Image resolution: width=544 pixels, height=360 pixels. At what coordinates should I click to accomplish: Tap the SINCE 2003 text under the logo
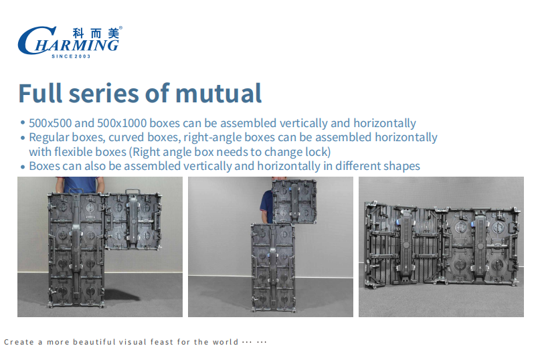[x=71, y=56]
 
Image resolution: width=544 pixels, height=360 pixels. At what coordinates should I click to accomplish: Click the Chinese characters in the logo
[x=96, y=33]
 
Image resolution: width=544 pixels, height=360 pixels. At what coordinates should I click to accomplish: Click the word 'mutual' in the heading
[x=219, y=93]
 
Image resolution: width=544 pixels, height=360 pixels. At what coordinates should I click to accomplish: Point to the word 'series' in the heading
[x=104, y=94]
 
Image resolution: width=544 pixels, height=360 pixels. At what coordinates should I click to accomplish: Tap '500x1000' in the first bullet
[x=121, y=123]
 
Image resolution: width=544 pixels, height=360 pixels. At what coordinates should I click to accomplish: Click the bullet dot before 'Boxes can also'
[x=23, y=167]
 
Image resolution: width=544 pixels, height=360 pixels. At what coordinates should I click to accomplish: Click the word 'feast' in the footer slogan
[x=161, y=342]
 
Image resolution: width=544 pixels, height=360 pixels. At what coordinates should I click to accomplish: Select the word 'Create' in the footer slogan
[x=19, y=342]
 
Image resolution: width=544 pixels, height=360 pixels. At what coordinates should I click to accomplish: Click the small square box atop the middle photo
[x=294, y=201]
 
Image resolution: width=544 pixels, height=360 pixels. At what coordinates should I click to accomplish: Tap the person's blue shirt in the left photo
[x=80, y=185]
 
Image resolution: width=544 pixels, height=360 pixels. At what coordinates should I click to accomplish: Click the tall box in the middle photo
[x=273, y=268]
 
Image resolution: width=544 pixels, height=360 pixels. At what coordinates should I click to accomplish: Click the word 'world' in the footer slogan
[x=225, y=342]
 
